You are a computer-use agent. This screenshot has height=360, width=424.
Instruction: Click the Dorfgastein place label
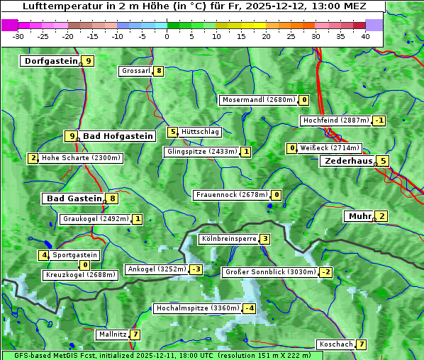(50, 61)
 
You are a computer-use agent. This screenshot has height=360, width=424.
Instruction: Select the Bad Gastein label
(74, 198)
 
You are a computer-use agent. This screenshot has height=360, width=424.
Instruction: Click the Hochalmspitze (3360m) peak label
(197, 308)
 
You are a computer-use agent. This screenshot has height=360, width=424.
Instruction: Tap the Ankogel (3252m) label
(156, 269)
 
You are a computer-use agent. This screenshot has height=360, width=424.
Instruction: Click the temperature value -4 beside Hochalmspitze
(249, 308)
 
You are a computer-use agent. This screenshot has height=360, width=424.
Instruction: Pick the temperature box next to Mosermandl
(304, 100)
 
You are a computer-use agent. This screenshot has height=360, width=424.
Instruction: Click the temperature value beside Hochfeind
(379, 120)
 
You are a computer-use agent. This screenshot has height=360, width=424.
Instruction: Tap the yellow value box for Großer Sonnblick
(326, 271)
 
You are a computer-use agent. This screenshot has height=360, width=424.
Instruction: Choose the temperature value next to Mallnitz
(135, 334)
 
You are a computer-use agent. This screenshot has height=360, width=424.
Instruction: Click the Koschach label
(336, 344)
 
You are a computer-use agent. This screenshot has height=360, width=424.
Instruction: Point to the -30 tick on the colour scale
(19, 35)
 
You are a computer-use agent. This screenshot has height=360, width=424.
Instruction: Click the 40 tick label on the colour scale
(365, 35)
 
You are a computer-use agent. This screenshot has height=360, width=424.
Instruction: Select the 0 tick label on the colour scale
(167, 35)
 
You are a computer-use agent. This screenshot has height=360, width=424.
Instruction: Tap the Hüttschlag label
(201, 132)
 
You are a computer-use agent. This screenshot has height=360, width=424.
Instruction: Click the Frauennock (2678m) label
(232, 195)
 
